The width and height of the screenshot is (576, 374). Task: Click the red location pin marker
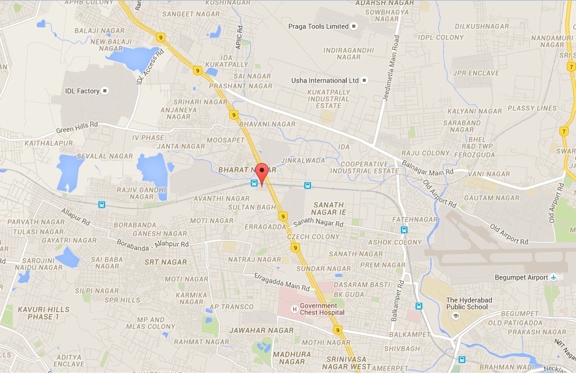[x=262, y=173]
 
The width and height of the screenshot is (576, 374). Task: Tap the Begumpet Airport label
[x=521, y=277]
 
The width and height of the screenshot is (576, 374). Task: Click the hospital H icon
[x=294, y=309]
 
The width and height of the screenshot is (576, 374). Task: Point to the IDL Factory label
[x=82, y=91]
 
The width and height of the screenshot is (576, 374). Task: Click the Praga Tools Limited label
[x=318, y=26]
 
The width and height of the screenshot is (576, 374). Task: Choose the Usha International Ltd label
[x=325, y=81]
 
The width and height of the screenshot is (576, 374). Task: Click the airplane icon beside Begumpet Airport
[x=554, y=277]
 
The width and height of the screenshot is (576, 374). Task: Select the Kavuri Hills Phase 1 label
[x=38, y=312]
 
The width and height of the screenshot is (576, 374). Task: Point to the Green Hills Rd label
[x=77, y=127]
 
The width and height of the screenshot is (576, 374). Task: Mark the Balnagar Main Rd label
[x=428, y=167]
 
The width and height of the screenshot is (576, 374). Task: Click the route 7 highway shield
[x=564, y=131]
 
